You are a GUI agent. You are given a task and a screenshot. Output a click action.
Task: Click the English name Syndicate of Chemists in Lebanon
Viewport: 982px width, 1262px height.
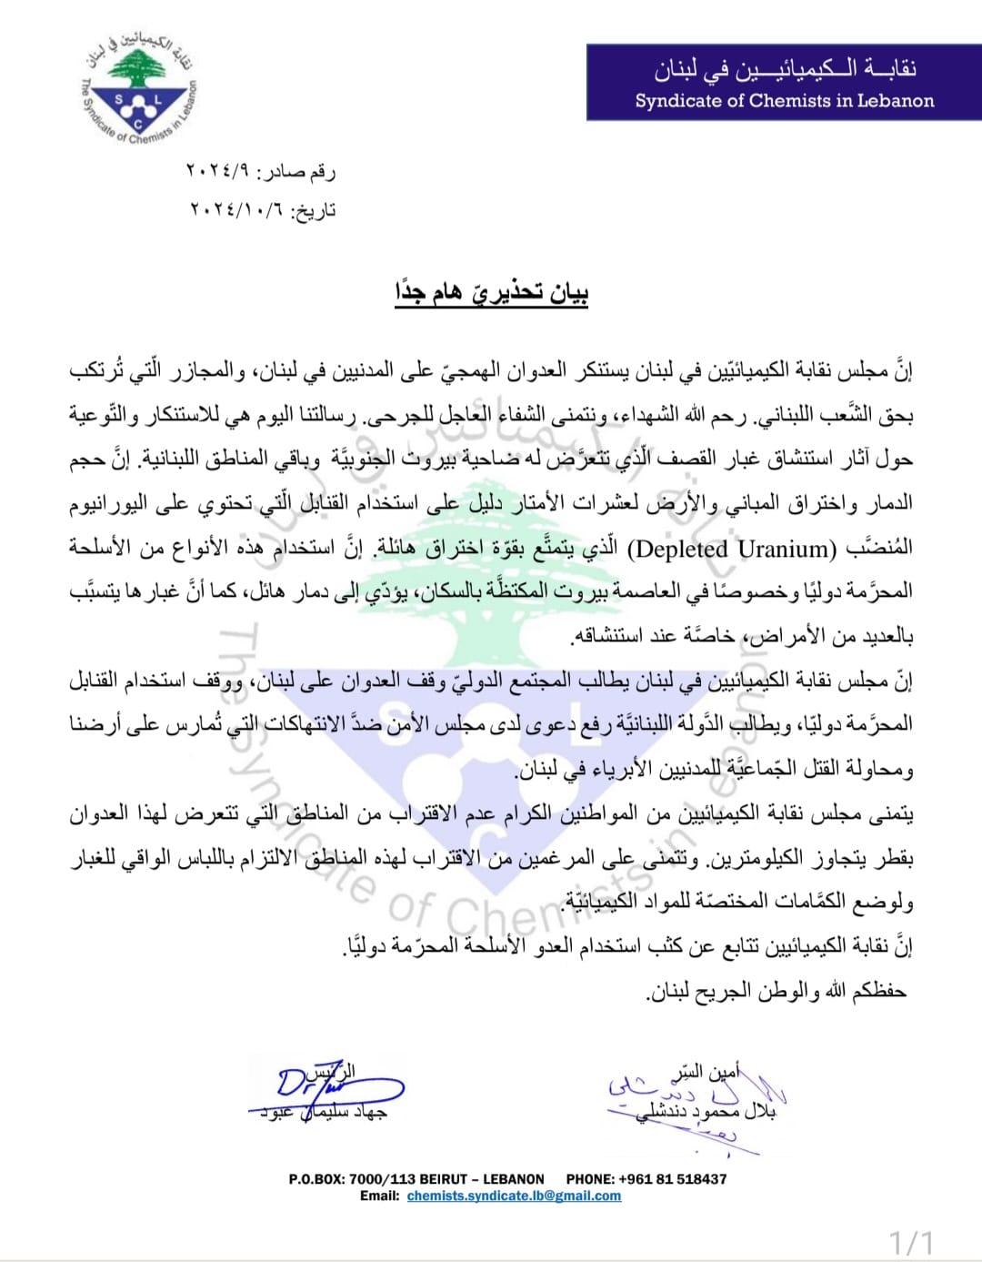pos(784,100)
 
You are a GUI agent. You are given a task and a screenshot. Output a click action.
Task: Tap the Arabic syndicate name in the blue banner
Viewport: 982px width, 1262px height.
pos(784,68)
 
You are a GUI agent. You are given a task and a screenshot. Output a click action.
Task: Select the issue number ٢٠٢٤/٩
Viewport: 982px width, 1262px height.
pos(219,171)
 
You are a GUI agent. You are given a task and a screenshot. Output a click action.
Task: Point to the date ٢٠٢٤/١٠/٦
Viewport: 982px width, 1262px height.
pos(235,210)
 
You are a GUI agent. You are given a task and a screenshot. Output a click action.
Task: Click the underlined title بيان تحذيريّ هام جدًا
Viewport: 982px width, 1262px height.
pos(491,293)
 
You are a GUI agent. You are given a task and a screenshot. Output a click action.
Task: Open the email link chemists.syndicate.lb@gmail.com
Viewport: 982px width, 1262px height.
pos(514,1196)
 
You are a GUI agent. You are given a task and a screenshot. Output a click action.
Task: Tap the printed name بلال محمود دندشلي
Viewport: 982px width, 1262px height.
pos(706,1112)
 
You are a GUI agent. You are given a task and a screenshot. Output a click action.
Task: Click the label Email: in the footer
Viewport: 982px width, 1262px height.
pos(379,1196)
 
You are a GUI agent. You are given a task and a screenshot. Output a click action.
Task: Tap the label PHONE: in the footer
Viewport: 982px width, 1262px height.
pos(589,1179)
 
